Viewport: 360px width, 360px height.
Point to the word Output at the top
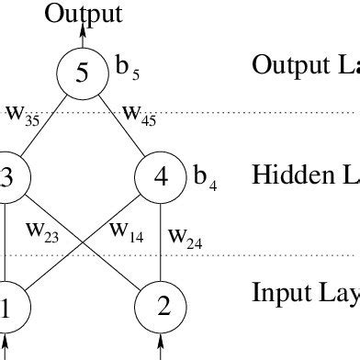pyautogui.click(x=82, y=13)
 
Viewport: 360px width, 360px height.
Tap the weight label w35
pyautogui.click(x=22, y=115)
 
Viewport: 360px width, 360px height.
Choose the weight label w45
pyautogui.click(x=139, y=115)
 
